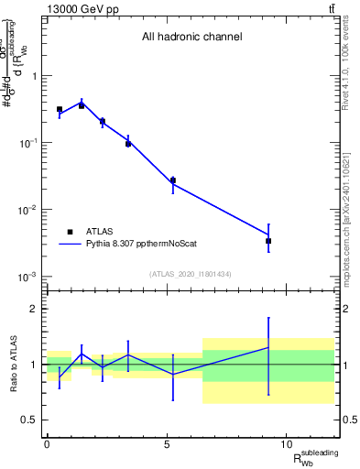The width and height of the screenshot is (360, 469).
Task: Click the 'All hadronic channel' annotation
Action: pyautogui.click(x=191, y=38)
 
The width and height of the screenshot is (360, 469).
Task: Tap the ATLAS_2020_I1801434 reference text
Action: pyautogui.click(x=191, y=274)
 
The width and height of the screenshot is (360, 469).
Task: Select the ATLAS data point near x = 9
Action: pyautogui.click(x=268, y=241)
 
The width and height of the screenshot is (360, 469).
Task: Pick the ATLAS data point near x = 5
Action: pyautogui.click(x=172, y=180)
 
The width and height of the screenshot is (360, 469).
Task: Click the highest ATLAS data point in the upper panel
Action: pyautogui.click(x=82, y=106)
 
